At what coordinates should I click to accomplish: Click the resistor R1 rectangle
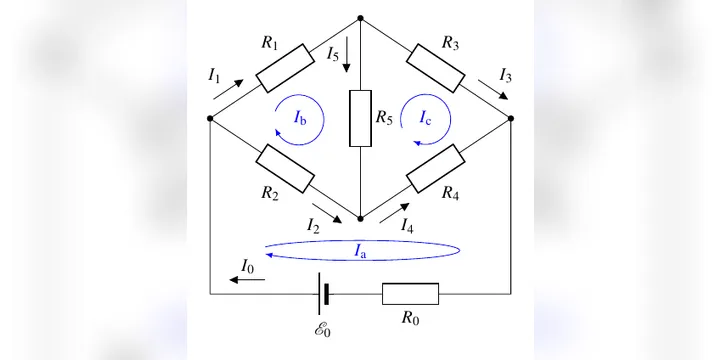click(x=285, y=68)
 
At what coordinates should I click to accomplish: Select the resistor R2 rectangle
click(x=285, y=169)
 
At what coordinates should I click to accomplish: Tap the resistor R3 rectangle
click(x=435, y=68)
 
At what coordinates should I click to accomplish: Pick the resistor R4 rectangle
click(x=435, y=169)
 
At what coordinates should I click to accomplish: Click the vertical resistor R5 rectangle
click(x=360, y=118)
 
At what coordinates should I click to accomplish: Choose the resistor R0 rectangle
click(x=411, y=294)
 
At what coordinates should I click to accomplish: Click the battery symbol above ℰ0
click(x=323, y=294)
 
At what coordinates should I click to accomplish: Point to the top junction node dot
click(x=360, y=18)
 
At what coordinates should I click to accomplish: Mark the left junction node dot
click(x=210, y=118)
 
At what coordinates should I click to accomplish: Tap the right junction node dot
click(x=511, y=118)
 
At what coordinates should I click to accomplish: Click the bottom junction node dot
click(x=360, y=219)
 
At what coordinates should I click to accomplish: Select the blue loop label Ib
click(x=300, y=118)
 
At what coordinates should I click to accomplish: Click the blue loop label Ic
click(x=425, y=118)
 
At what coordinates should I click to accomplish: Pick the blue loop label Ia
click(x=360, y=251)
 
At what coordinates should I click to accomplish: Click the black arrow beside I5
click(x=347, y=54)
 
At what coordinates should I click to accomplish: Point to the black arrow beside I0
click(x=247, y=280)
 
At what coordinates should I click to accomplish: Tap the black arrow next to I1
click(x=228, y=89)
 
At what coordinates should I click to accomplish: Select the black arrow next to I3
click(x=493, y=90)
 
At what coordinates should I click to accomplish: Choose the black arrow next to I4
click(x=394, y=213)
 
